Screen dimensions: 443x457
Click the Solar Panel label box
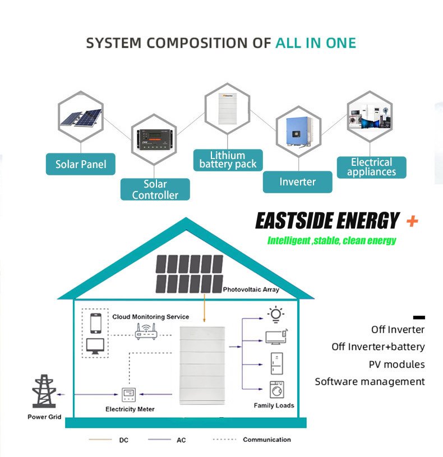[81, 164]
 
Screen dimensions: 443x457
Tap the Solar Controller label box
[155, 189]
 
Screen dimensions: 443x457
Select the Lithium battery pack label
[228, 160]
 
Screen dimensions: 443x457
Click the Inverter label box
[297, 182]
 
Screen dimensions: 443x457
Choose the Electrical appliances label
[371, 167]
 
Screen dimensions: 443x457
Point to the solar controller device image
[154, 139]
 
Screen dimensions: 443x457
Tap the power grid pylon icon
[44, 391]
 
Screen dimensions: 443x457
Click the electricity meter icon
[128, 395]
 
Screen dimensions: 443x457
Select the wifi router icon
[146, 332]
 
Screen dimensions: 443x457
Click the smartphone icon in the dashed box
[96, 323]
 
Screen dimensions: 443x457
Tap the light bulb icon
[276, 315]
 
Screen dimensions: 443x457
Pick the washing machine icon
[276, 389]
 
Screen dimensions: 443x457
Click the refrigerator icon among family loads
[276, 363]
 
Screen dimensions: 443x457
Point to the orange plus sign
[412, 221]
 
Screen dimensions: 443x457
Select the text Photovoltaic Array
[251, 290]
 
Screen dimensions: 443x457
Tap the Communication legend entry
[267, 440]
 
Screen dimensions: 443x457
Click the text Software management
[370, 381]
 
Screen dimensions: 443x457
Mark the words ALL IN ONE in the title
[316, 43]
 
